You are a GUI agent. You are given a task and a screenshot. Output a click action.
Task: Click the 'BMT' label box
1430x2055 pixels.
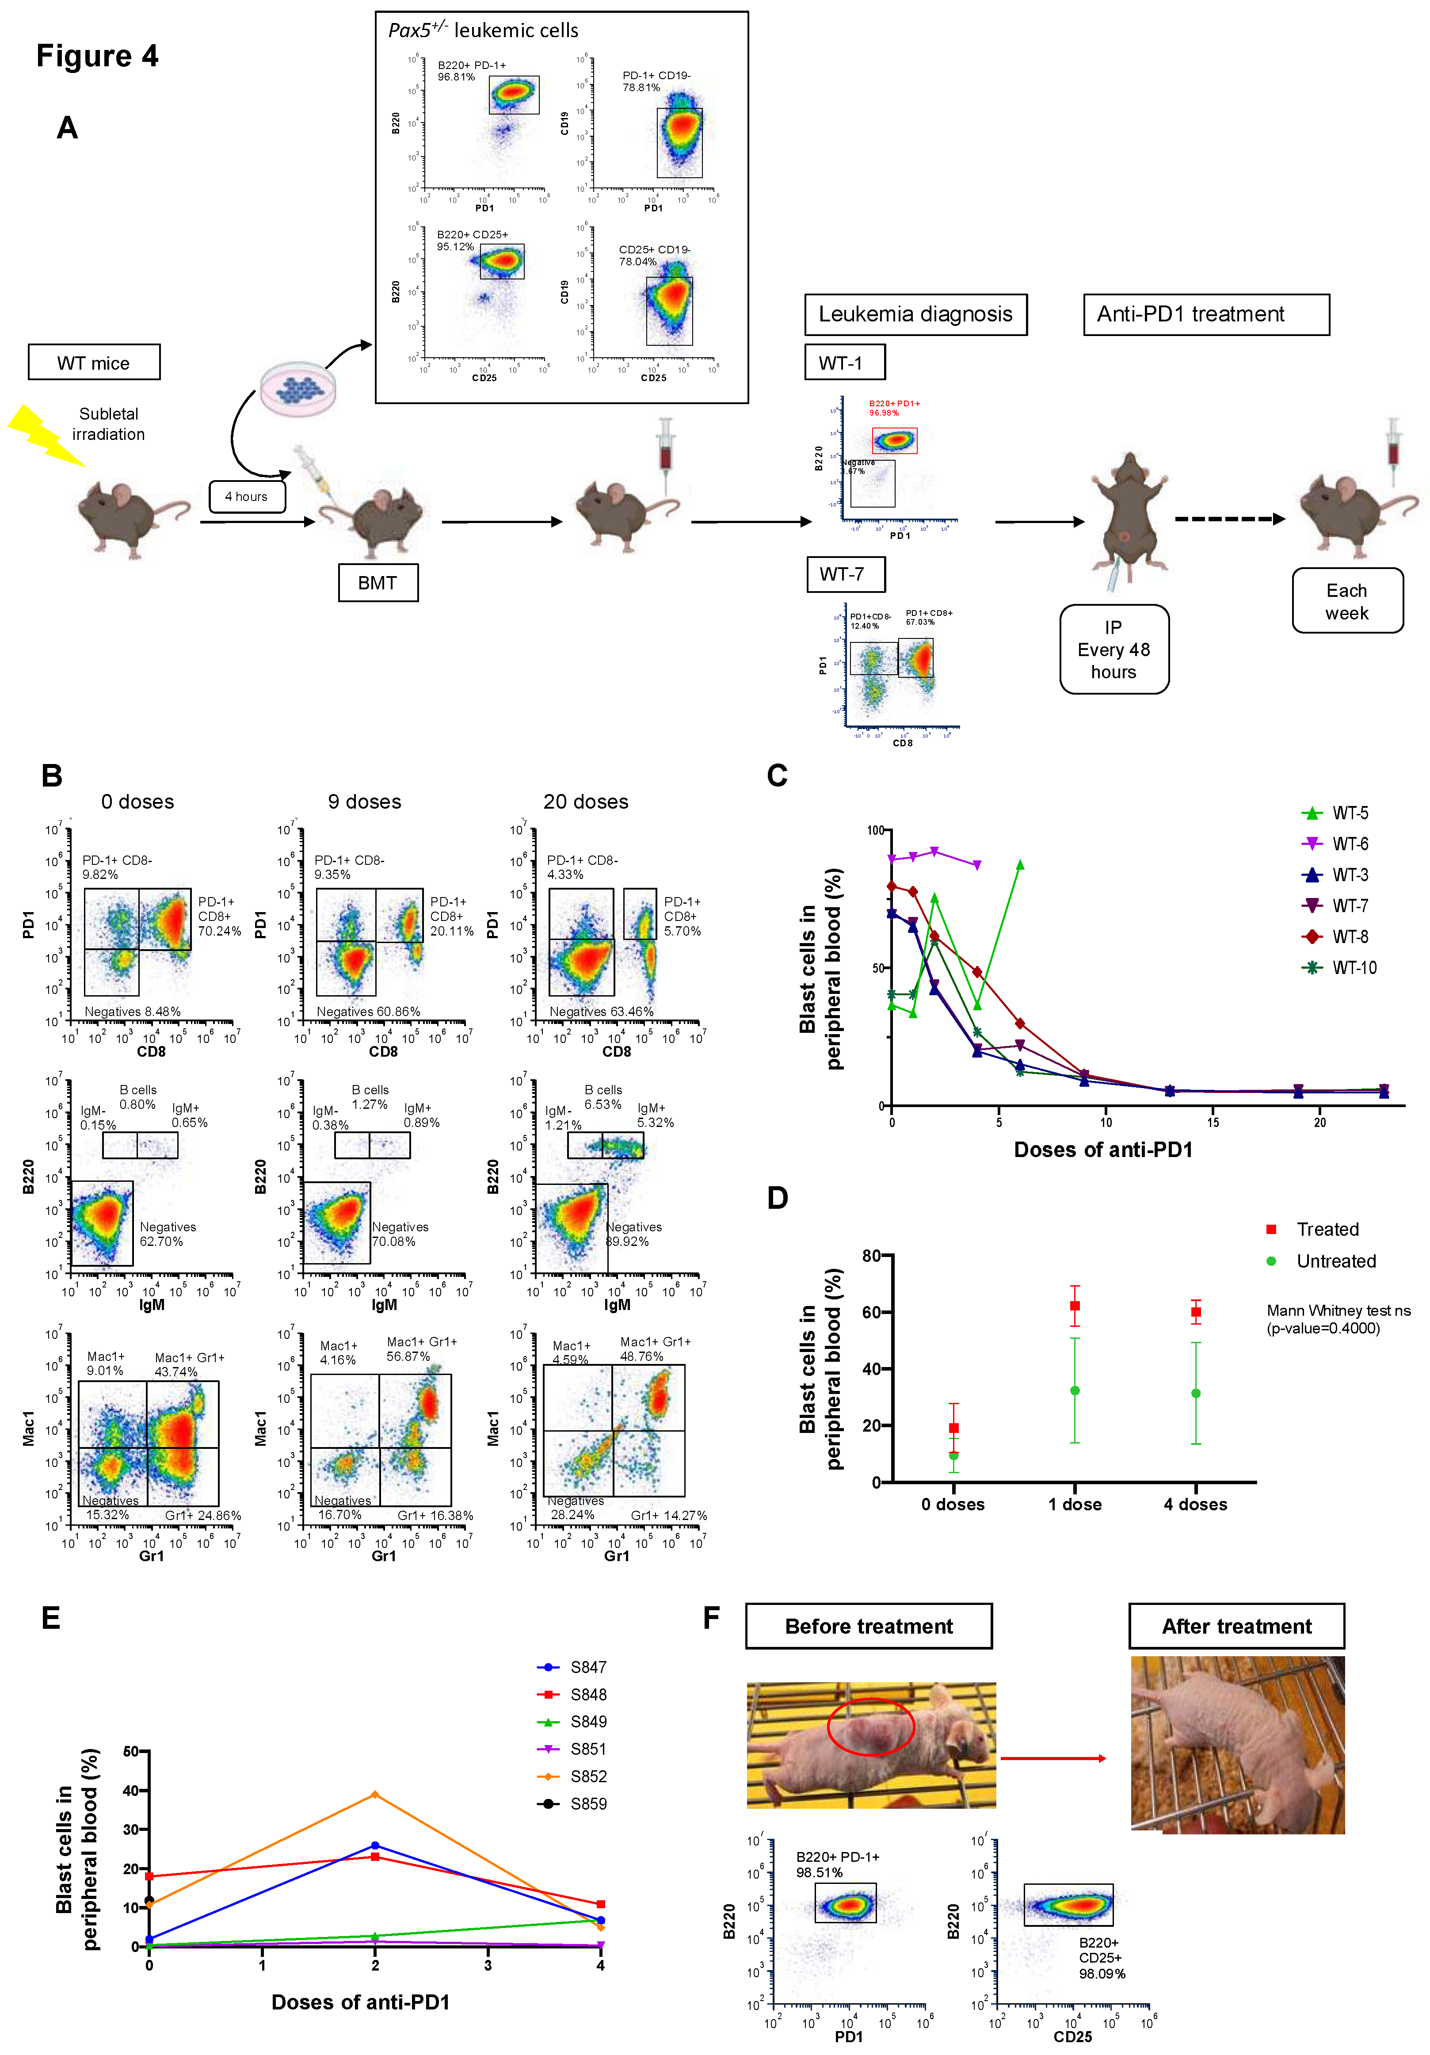click(x=378, y=583)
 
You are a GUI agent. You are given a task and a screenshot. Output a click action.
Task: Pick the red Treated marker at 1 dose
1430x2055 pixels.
click(x=1075, y=1306)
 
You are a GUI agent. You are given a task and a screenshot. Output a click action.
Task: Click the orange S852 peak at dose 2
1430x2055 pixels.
click(x=375, y=1795)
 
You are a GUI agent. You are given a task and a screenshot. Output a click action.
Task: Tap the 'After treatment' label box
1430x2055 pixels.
click(x=1236, y=1626)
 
